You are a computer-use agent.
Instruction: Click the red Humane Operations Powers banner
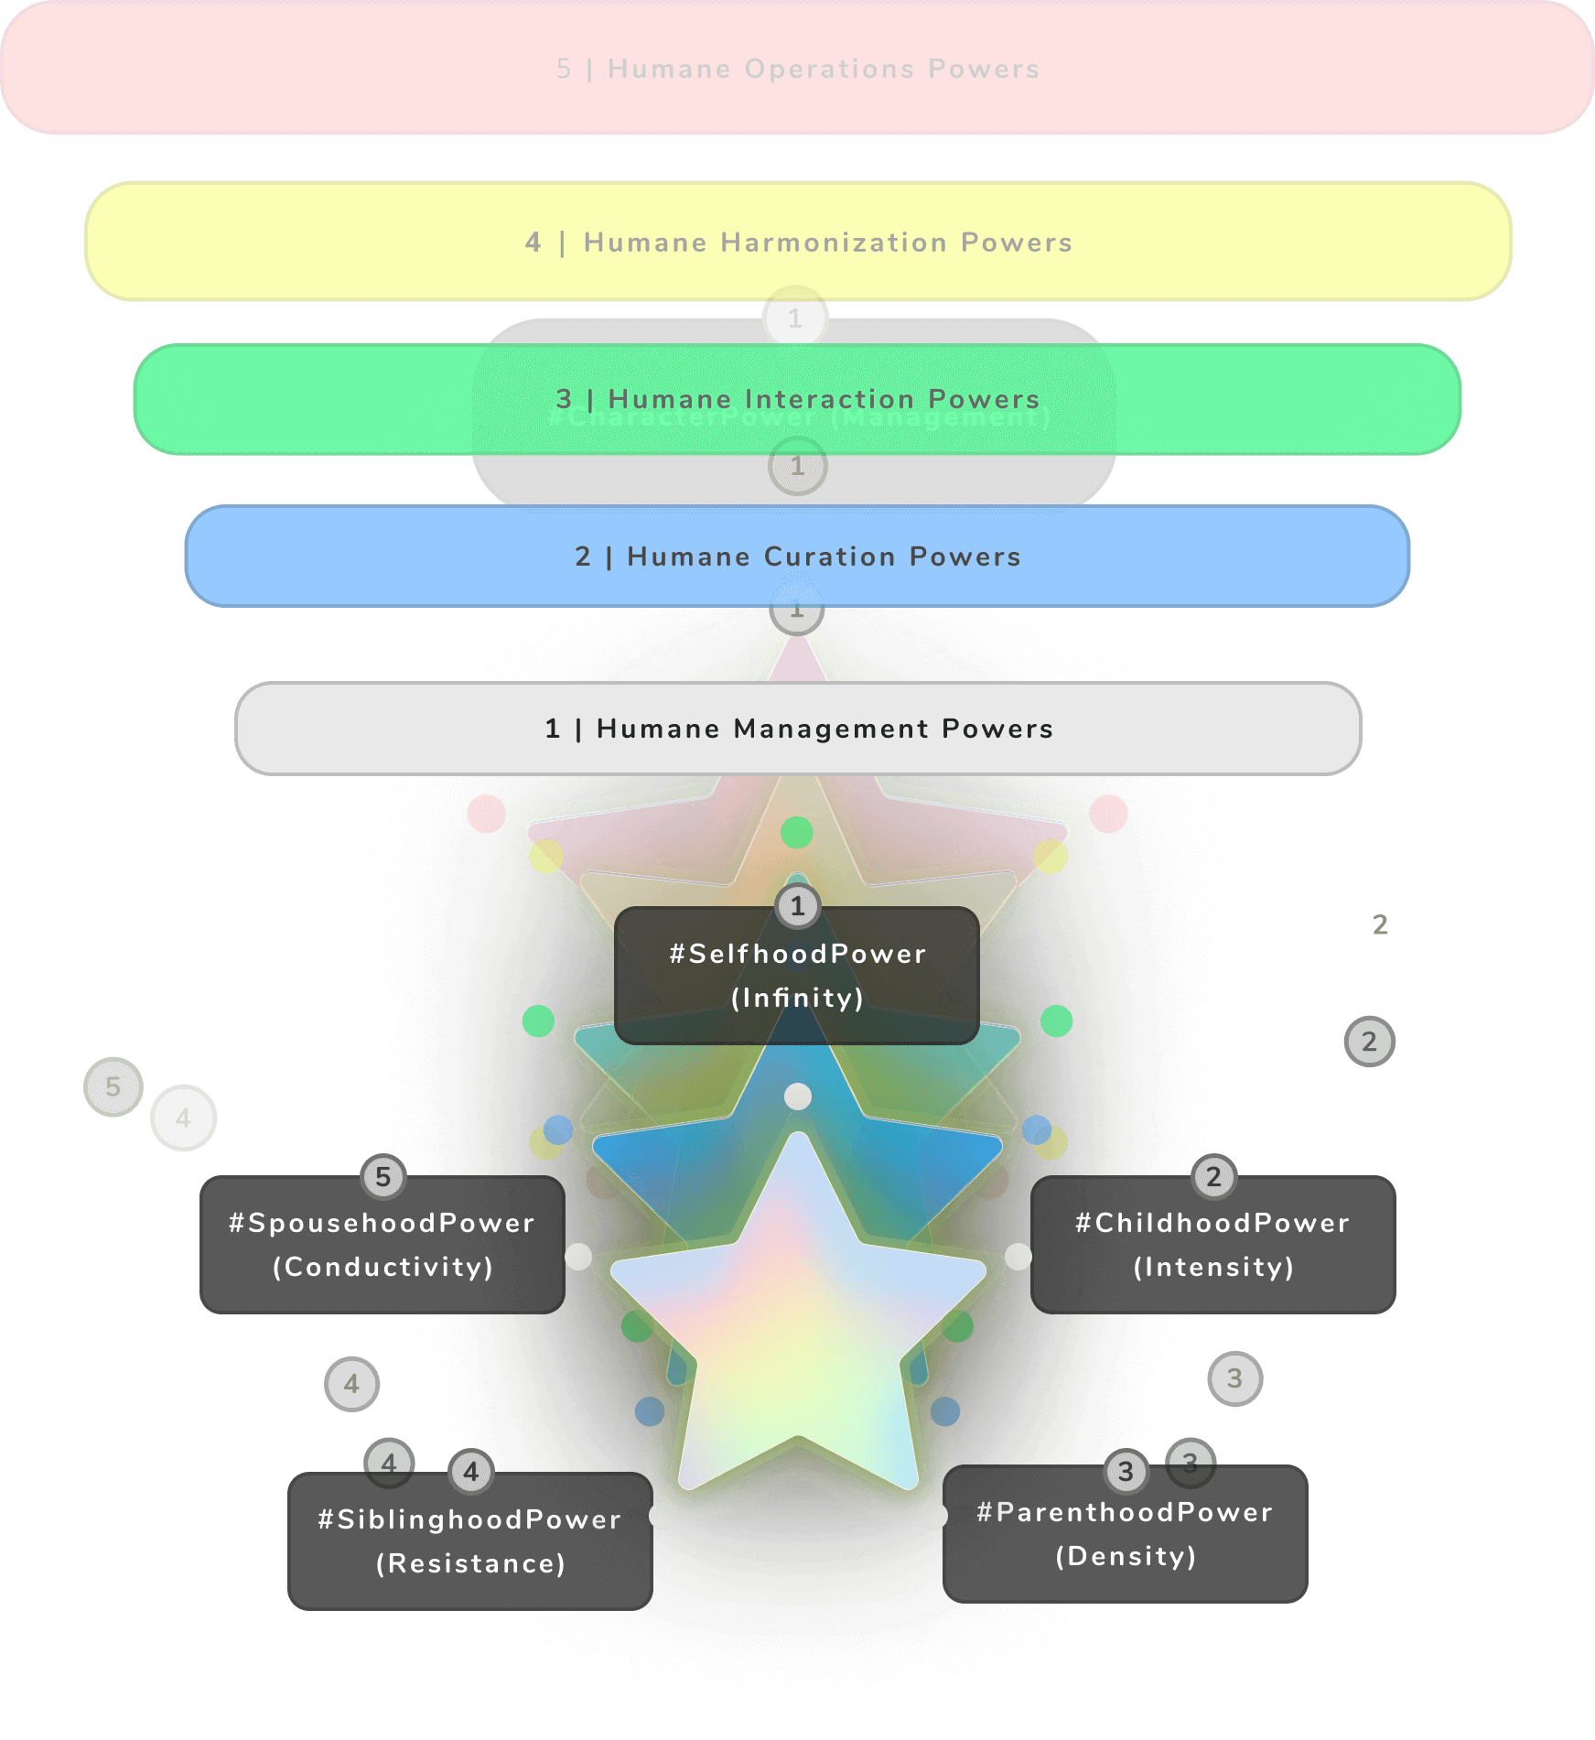797,69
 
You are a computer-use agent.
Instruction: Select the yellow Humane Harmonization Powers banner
797,242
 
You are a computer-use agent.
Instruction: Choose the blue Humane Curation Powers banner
797,557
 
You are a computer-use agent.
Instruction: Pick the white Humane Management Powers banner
797,729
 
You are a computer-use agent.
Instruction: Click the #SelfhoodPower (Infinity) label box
797,976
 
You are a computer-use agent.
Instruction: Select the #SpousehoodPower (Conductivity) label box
383,1245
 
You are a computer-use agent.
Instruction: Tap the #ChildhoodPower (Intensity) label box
1212,1245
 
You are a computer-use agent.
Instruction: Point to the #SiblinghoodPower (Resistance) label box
469,1541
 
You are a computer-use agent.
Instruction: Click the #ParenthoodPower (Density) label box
1126,1534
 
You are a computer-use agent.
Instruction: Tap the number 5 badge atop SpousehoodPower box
383,1177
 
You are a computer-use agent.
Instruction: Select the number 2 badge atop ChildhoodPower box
1214,1177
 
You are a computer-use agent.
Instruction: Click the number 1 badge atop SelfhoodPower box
798,906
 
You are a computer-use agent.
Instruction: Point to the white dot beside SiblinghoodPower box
663,1516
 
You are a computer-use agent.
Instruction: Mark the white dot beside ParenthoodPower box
933,1516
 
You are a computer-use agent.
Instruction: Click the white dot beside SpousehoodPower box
578,1257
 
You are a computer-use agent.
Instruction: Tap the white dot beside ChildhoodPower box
1018,1257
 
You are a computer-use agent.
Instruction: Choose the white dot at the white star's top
798,1097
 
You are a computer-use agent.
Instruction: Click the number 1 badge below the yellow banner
795,319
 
